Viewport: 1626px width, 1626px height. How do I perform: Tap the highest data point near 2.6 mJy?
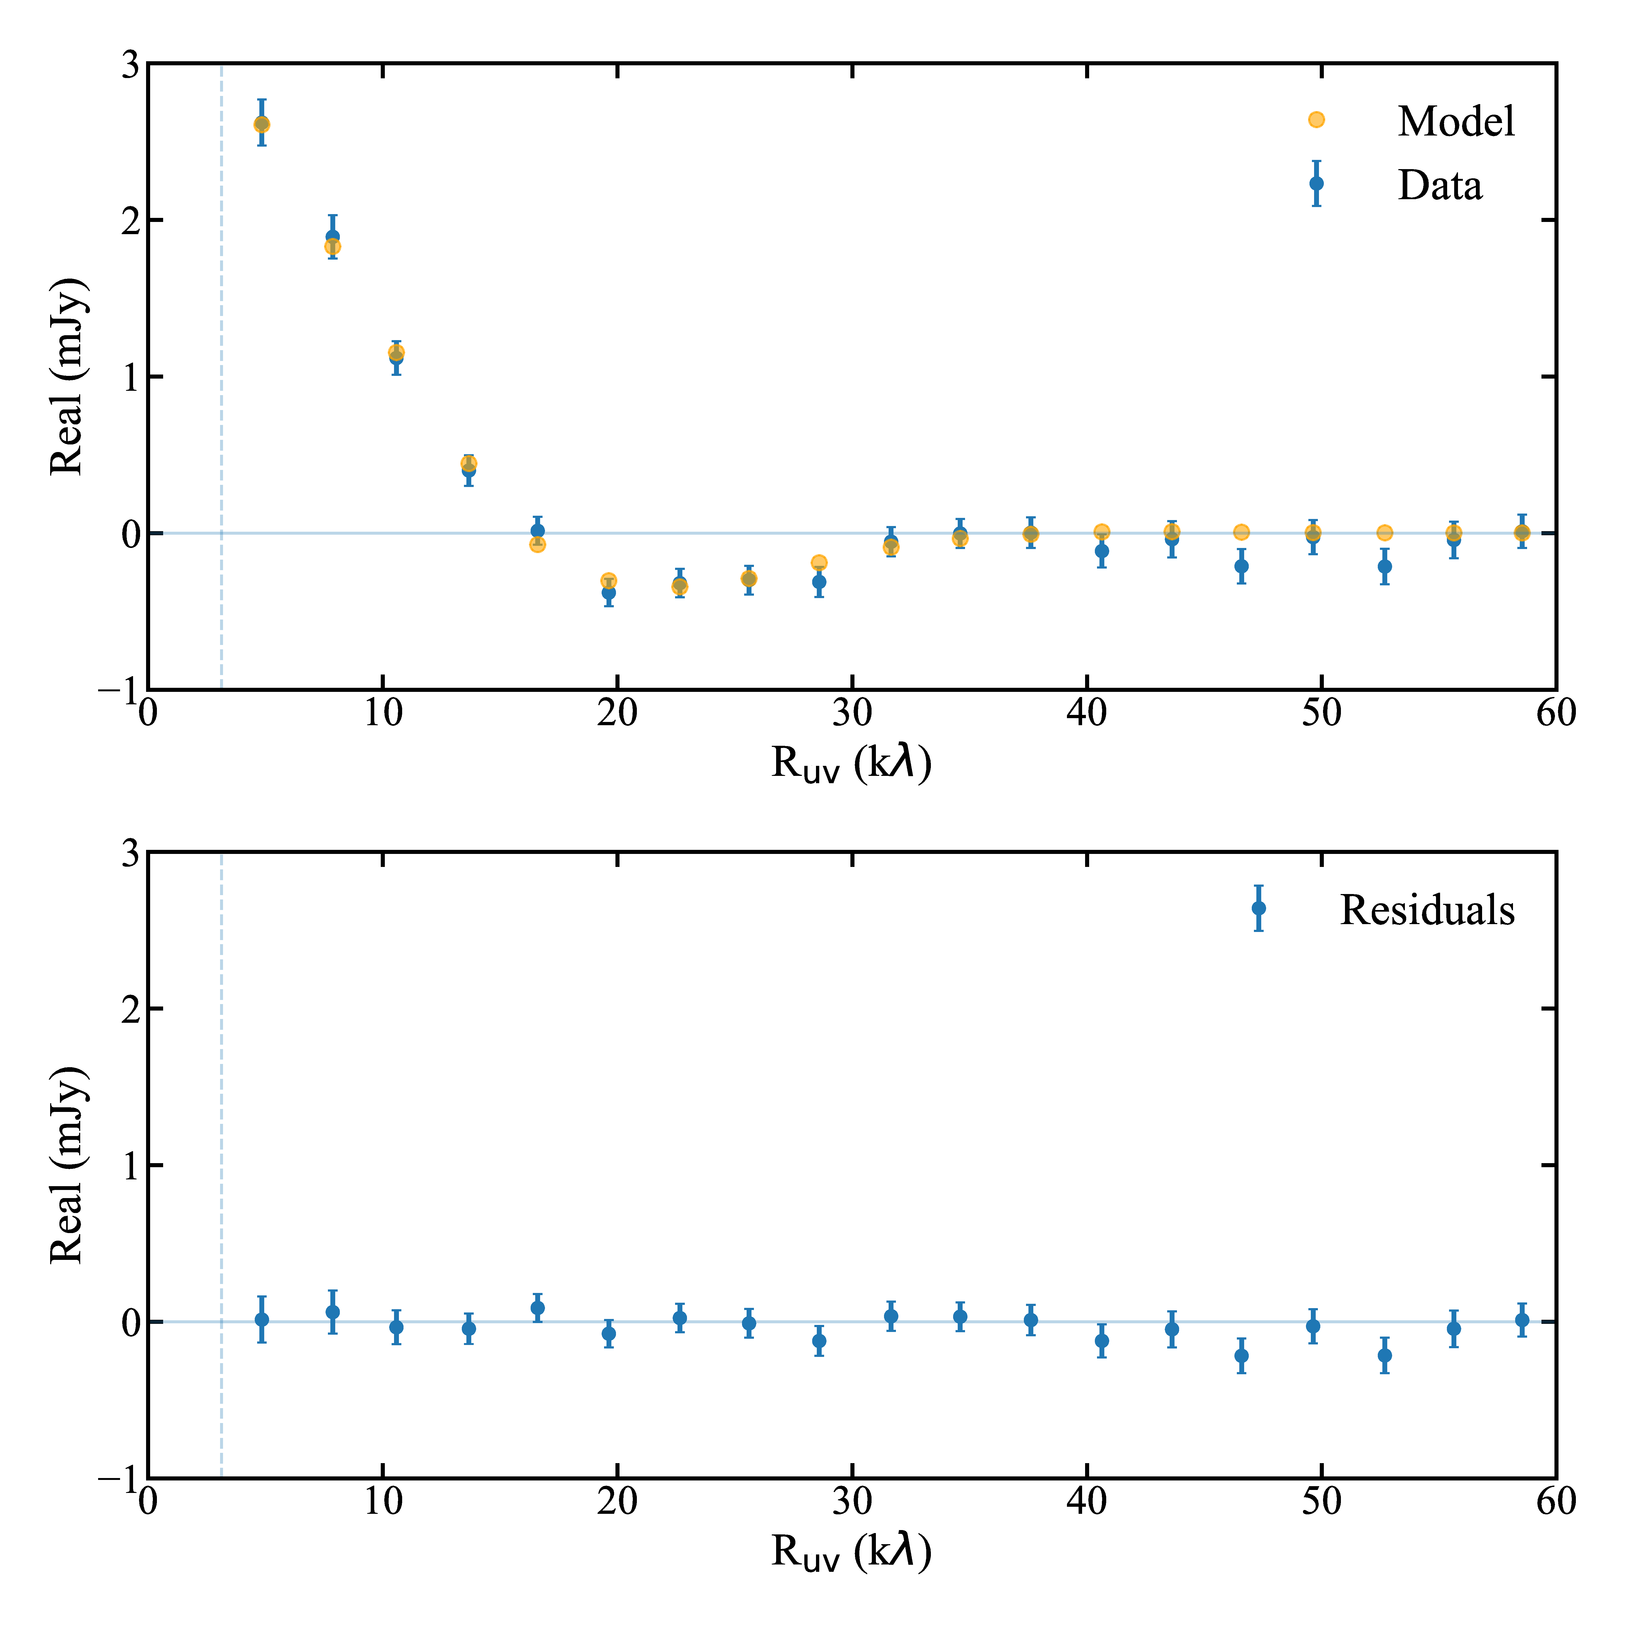click(262, 124)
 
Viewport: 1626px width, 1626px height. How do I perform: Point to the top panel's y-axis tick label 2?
click(130, 221)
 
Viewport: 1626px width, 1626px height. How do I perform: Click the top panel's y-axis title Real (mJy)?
click(67, 376)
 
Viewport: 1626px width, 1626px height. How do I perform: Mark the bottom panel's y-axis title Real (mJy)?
click(67, 1165)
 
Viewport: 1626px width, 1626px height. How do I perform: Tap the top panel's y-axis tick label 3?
click(130, 64)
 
